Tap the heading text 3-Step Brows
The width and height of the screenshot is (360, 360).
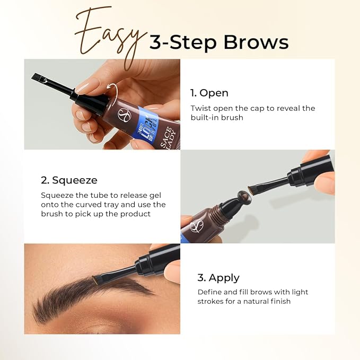tap(218, 42)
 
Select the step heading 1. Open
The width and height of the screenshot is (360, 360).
tap(209, 93)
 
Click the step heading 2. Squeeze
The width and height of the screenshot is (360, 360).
tap(69, 180)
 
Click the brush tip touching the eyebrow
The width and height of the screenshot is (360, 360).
tap(96, 278)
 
